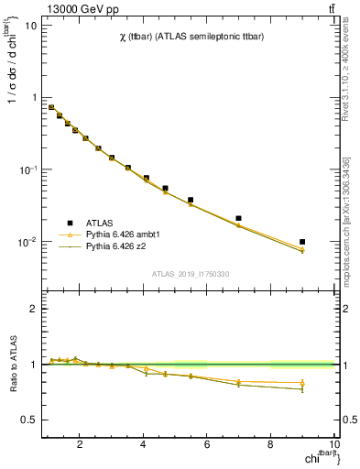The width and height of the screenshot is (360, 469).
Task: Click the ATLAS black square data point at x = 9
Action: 302,242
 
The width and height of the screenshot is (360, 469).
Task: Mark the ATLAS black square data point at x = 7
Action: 239,219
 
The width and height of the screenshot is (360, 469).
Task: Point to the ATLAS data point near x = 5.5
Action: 191,200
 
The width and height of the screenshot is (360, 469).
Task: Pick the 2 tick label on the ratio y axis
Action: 33,309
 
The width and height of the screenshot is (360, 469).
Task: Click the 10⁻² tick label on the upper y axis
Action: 27,243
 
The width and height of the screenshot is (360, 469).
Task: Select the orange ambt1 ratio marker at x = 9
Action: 302,383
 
